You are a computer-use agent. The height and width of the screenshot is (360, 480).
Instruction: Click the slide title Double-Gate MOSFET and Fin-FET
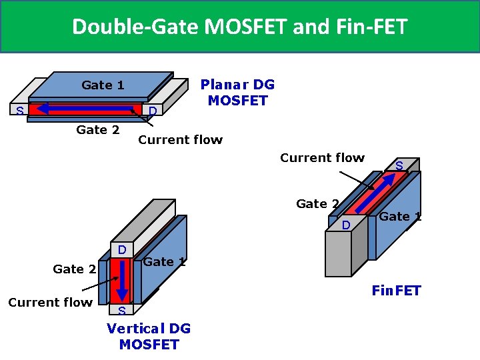tap(239, 27)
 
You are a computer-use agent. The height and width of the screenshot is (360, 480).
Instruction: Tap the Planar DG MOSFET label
tap(237, 93)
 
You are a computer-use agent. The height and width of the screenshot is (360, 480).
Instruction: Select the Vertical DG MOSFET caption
tap(149, 336)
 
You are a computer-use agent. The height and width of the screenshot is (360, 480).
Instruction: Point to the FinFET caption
tap(396, 291)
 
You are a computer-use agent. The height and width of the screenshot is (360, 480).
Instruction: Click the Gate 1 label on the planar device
tap(103, 85)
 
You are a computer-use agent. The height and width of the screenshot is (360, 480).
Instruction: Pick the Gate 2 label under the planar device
tap(98, 129)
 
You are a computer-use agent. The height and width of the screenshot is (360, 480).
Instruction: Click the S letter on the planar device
tap(20, 110)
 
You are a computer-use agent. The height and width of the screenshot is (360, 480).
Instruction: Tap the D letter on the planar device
tap(152, 110)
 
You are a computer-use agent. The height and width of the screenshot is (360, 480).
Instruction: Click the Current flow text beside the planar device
tap(180, 140)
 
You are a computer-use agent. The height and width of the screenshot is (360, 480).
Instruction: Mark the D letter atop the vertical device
tap(122, 250)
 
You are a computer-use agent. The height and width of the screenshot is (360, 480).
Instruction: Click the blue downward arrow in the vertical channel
tap(122, 280)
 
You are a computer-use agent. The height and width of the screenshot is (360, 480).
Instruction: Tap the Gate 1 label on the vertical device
tap(164, 262)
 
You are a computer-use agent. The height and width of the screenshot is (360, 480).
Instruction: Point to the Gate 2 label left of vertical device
tap(74, 269)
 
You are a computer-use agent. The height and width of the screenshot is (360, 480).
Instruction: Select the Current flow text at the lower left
tap(50, 302)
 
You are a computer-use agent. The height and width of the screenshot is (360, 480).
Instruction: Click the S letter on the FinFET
tap(399, 165)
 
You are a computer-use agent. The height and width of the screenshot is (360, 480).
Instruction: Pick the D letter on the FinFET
tap(346, 226)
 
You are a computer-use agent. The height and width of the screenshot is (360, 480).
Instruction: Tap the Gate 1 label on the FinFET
tap(400, 216)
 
